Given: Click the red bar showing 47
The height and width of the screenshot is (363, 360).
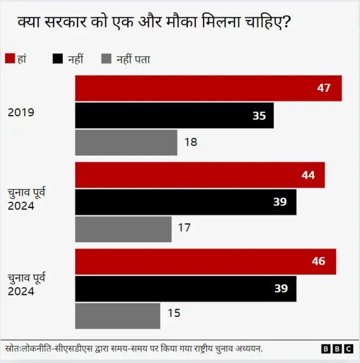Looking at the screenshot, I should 208,88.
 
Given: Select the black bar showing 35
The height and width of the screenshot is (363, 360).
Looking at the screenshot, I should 174,115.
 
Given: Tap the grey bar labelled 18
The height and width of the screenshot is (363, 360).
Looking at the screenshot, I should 126,142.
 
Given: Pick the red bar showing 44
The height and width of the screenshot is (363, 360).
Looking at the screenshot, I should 200,175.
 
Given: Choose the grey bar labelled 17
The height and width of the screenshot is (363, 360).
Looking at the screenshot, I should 123,228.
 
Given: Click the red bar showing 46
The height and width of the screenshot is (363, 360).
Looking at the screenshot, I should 205,261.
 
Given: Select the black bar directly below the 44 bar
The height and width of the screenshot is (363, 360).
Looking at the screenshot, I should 186,202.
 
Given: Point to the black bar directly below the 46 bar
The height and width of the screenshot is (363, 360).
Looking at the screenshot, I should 186,288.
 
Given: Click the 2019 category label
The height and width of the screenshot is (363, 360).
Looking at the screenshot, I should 21,112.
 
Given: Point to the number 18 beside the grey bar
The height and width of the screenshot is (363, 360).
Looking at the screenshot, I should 190,142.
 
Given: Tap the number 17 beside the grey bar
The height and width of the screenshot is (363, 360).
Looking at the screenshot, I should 184,228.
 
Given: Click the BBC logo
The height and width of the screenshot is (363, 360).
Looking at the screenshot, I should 336,349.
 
